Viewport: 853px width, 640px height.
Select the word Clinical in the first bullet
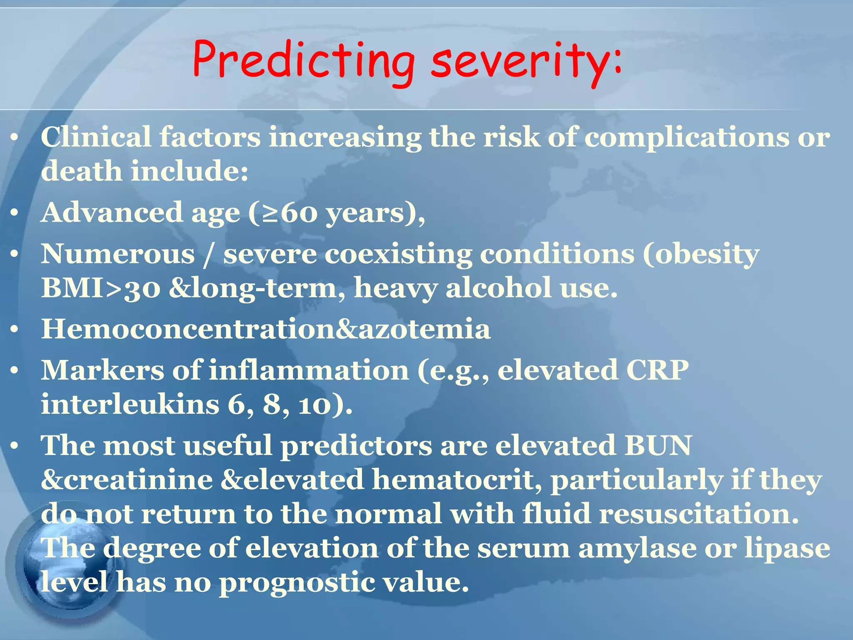click(96, 137)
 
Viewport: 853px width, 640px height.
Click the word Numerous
click(118, 254)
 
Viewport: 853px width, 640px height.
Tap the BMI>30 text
click(100, 288)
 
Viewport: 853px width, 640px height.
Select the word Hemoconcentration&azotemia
click(266, 329)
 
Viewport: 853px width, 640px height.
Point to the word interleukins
click(130, 405)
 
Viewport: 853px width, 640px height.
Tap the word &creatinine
click(127, 480)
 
